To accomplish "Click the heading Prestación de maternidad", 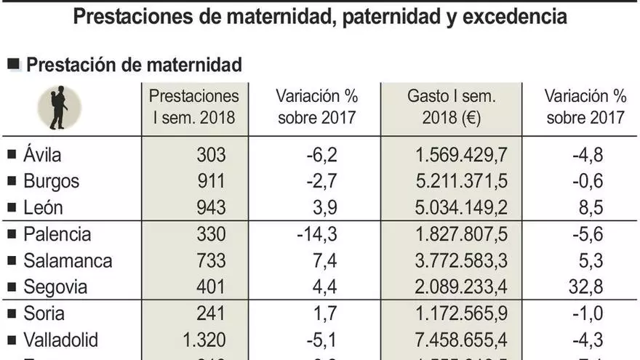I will [x=133, y=65].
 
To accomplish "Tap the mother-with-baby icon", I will [x=58, y=108].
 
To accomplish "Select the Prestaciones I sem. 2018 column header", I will [x=194, y=107].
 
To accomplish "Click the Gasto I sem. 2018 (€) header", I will [x=451, y=107].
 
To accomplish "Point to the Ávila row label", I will [x=42, y=155].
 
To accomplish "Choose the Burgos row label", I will [x=51, y=181].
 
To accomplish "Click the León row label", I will [x=43, y=207].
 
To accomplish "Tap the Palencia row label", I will [x=57, y=234].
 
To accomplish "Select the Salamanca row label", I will [x=68, y=260].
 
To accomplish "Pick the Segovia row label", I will [x=55, y=287].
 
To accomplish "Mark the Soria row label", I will [x=44, y=313].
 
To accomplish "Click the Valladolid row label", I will [x=60, y=340].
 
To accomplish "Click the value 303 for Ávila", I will [x=211, y=155].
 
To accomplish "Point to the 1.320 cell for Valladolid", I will [x=202, y=340].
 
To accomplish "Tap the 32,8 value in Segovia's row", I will [x=586, y=287].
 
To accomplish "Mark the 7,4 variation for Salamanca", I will [x=323, y=260].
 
